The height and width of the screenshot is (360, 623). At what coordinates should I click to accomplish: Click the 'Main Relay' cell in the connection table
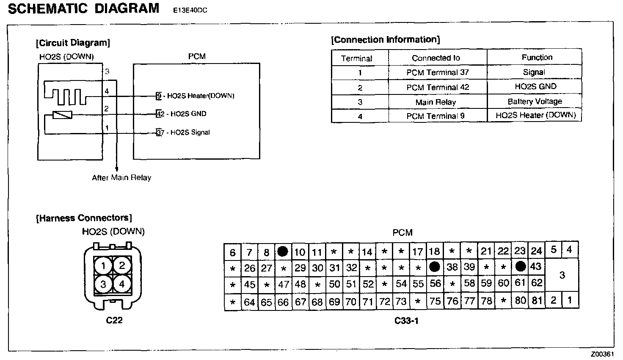pyautogui.click(x=436, y=102)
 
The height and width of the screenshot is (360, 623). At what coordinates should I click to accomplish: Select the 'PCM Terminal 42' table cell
pyautogui.click(x=438, y=87)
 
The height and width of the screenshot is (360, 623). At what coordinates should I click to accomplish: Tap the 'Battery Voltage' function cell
pyautogui.click(x=535, y=101)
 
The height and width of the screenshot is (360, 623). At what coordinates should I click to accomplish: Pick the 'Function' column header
pyautogui.click(x=537, y=57)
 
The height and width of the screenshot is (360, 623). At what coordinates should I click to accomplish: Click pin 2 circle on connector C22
pyautogui.click(x=122, y=266)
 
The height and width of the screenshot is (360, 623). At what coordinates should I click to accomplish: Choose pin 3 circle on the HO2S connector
pyautogui.click(x=103, y=284)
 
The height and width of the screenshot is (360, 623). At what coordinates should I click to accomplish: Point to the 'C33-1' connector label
pyautogui.click(x=406, y=321)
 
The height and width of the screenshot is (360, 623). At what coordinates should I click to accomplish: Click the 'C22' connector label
pyautogui.click(x=114, y=320)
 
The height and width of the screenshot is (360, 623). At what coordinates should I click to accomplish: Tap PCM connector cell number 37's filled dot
pyautogui.click(x=434, y=267)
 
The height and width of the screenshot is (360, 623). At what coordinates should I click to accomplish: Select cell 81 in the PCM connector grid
pyautogui.click(x=537, y=301)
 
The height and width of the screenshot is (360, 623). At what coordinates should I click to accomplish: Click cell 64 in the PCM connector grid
pyautogui.click(x=249, y=302)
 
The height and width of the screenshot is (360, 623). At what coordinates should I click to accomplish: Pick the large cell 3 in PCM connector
pyautogui.click(x=562, y=275)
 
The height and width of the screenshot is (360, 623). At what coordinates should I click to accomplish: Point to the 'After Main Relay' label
pyautogui.click(x=121, y=178)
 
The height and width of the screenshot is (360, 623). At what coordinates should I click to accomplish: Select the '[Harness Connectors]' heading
pyautogui.click(x=84, y=218)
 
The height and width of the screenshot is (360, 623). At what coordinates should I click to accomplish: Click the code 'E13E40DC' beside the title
pyautogui.click(x=190, y=10)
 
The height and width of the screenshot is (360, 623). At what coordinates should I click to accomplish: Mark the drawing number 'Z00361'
pyautogui.click(x=602, y=354)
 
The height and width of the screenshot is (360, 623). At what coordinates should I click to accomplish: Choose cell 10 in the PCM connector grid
pyautogui.click(x=300, y=252)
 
